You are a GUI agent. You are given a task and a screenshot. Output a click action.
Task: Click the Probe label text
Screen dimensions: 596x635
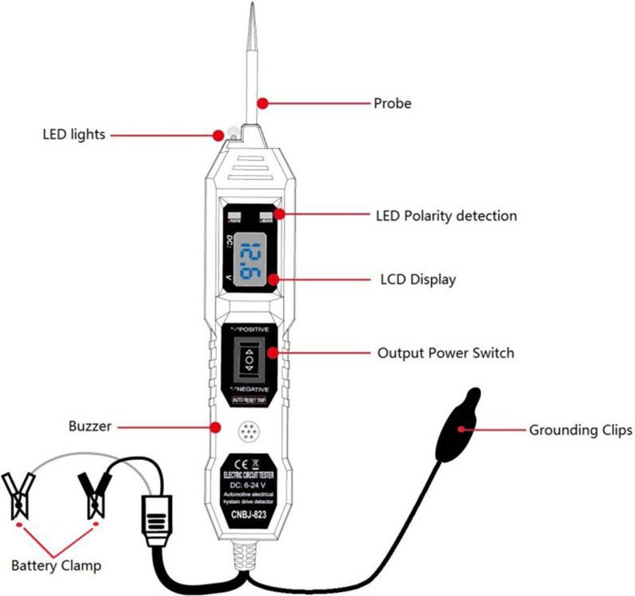392,103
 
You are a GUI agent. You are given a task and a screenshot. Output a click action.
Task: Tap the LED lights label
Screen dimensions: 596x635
74,134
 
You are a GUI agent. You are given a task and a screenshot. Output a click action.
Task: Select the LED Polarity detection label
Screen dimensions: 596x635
446,216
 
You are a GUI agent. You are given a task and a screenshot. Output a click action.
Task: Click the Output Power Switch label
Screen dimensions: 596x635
445,353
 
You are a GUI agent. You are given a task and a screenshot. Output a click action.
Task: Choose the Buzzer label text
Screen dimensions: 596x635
90,427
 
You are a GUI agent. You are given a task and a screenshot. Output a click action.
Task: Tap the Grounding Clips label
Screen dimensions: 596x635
580,430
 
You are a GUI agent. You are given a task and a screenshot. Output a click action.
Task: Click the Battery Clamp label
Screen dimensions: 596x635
56,566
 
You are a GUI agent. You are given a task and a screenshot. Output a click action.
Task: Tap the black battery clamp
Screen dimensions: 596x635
94,493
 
